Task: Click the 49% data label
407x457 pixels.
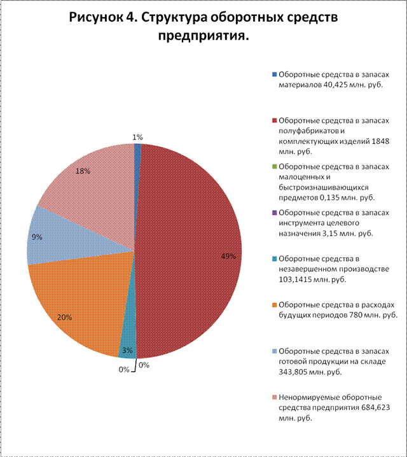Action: (x=228, y=257)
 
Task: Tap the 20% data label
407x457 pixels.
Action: (x=64, y=316)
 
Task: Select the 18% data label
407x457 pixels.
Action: (x=82, y=171)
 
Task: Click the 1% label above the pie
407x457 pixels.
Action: (x=138, y=137)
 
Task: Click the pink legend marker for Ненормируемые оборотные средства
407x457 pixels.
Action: (x=274, y=398)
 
